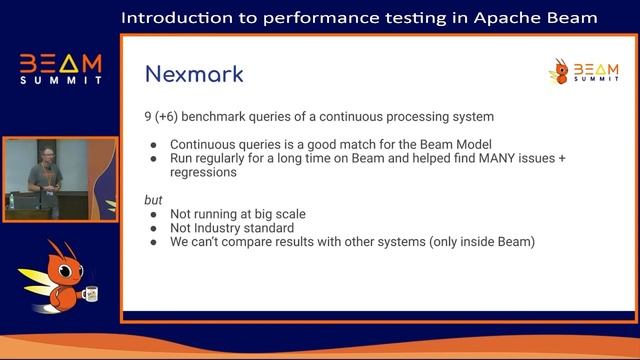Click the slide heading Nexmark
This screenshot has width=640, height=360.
point(194,74)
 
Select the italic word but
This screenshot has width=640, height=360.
point(153,200)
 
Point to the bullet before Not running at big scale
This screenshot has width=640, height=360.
point(154,214)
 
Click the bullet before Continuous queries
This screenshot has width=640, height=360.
point(154,145)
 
